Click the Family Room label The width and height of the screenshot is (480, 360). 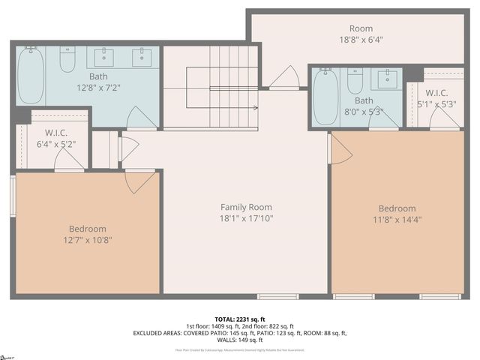coord(246,207)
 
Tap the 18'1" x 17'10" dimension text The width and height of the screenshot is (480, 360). coord(246,218)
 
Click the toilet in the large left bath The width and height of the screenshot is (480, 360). coord(67,59)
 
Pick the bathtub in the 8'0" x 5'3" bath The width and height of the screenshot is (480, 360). coord(325,97)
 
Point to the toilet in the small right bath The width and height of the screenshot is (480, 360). coord(355,79)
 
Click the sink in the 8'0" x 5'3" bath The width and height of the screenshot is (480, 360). coord(388,79)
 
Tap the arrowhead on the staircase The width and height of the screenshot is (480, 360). coord(256,108)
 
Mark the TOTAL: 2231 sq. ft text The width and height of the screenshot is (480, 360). coord(240,319)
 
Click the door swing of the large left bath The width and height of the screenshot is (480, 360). coord(142,118)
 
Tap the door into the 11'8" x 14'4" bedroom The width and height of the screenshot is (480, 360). coord(339,149)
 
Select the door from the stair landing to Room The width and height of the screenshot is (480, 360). coord(283,78)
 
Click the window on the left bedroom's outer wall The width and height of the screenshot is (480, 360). coord(13,196)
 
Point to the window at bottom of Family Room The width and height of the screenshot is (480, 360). coord(277,296)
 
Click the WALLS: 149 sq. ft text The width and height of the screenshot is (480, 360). coord(240,340)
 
